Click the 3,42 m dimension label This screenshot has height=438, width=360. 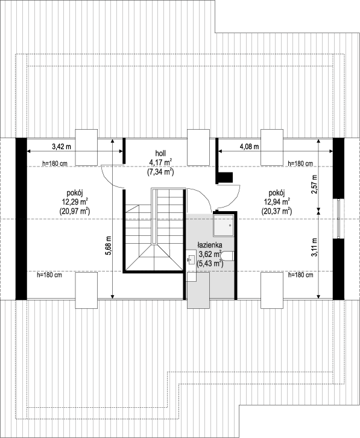point(62,147)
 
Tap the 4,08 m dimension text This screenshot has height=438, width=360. point(250,147)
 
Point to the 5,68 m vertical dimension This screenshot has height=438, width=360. point(109,246)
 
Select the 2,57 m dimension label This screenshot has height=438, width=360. point(315,184)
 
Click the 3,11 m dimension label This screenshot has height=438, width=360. point(315,247)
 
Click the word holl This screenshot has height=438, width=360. point(160,153)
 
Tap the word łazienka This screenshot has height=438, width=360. point(210,245)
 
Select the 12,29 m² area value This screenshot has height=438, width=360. point(75,201)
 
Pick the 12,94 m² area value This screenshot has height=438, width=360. point(277,201)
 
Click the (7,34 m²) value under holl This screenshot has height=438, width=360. point(160,172)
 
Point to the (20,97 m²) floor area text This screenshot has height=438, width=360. point(75,211)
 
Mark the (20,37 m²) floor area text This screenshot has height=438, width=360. point(277,211)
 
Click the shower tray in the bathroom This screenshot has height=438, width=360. point(224,225)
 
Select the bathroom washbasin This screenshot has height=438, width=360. point(192,259)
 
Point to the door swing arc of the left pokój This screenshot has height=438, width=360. point(110,179)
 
